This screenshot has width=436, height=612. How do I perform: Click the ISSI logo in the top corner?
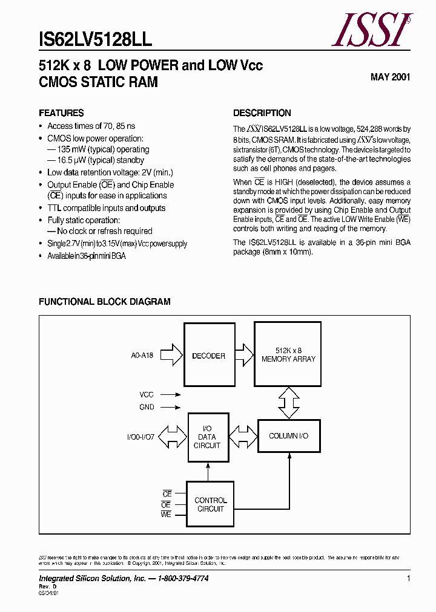(371, 30)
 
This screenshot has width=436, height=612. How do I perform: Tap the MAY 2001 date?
(390, 77)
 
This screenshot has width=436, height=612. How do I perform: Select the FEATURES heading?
(61, 113)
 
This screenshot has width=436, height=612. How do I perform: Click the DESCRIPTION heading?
(262, 113)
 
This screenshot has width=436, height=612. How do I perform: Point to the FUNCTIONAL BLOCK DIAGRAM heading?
(105, 302)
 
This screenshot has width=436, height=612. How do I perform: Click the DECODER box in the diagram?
(209, 356)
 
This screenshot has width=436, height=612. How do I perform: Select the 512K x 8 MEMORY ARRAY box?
(288, 354)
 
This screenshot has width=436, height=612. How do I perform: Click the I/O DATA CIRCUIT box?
(208, 437)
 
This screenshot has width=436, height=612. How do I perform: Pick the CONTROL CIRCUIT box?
(211, 504)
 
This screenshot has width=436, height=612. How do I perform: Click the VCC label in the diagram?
(147, 394)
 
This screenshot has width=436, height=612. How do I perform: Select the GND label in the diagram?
(147, 408)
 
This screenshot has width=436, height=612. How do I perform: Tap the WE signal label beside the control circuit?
(166, 514)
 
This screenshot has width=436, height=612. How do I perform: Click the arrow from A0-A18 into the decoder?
(172, 356)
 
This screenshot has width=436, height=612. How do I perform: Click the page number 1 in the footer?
(409, 579)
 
